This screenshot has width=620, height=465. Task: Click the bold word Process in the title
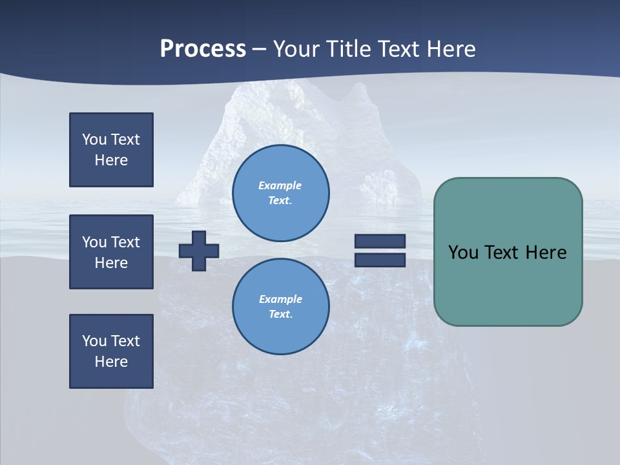(x=203, y=49)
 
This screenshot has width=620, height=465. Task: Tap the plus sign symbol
(x=199, y=251)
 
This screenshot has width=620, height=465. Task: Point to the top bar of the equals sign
(x=380, y=242)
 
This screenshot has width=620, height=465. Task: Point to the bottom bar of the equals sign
(x=380, y=260)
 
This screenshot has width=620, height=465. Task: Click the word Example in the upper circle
(x=280, y=185)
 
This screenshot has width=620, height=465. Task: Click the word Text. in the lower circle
(x=280, y=315)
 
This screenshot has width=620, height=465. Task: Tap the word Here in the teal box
(x=546, y=253)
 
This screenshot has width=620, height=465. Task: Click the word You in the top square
(x=94, y=139)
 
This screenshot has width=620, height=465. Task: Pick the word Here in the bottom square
(x=111, y=362)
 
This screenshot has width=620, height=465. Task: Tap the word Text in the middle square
(x=125, y=242)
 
